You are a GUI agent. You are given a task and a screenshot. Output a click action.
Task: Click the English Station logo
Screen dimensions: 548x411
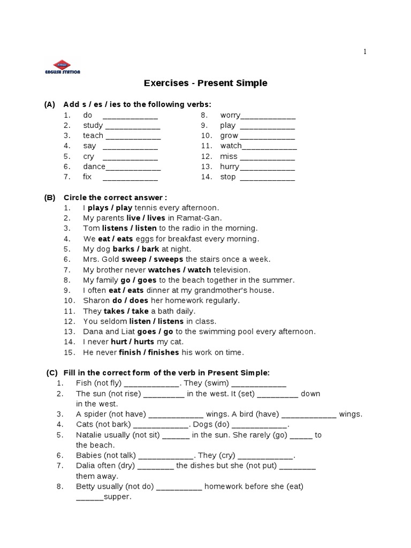click(x=62, y=67)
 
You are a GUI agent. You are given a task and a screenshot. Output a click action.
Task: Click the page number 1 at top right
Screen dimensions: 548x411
click(x=365, y=52)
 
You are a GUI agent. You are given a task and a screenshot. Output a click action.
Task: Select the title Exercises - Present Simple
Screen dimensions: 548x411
click(x=205, y=83)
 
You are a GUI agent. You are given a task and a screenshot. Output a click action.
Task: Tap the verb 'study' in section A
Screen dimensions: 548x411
click(x=93, y=126)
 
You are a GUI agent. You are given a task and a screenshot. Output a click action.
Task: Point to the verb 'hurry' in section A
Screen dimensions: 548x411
click(x=229, y=167)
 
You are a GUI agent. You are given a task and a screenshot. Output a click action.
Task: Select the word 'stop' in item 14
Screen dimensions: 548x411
click(x=227, y=177)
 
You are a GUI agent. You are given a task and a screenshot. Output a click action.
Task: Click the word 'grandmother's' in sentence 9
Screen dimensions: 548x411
click(x=235, y=291)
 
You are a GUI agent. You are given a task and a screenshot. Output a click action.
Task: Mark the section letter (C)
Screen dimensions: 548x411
click(x=52, y=372)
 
